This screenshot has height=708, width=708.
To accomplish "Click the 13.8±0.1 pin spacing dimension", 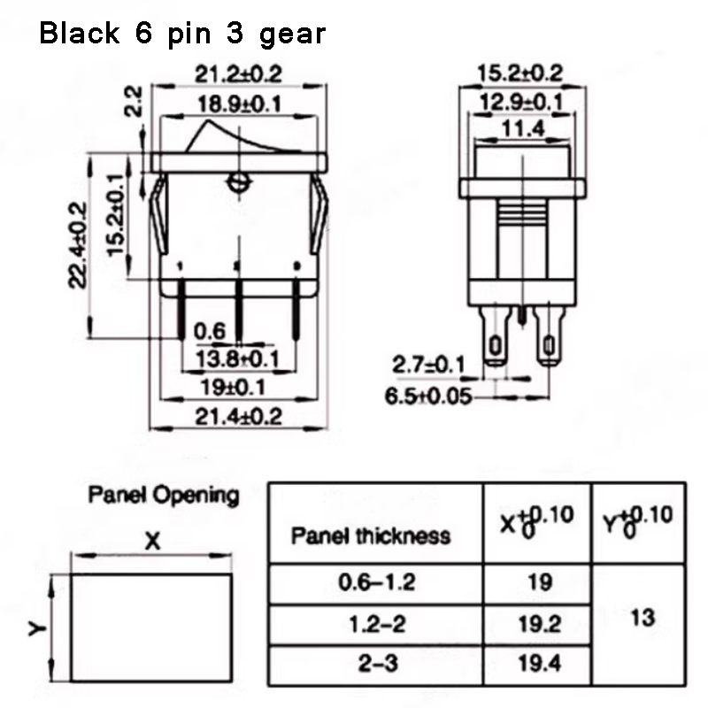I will tap(236, 360).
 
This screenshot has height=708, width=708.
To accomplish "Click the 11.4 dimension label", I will tap(521, 131).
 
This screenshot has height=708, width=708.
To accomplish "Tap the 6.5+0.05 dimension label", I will tap(428, 396).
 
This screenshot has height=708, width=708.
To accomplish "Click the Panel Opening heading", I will tap(164, 495).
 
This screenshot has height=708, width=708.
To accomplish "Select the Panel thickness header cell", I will tap(371, 535).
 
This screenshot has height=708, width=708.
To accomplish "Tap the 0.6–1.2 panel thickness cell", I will tap(376, 583).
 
